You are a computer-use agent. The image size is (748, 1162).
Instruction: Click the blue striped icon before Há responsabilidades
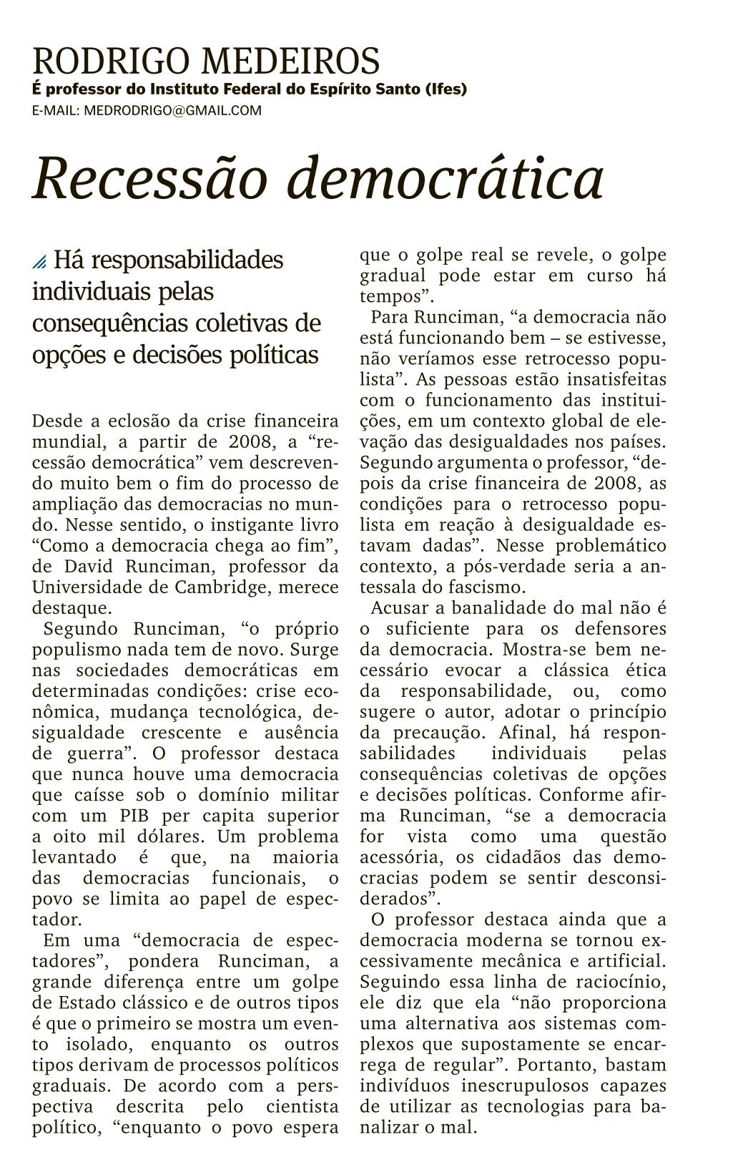click(39, 263)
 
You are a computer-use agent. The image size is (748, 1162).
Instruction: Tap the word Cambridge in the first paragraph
click(218, 587)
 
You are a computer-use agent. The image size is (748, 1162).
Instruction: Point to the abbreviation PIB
click(136, 816)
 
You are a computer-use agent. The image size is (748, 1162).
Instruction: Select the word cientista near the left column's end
click(301, 1106)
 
